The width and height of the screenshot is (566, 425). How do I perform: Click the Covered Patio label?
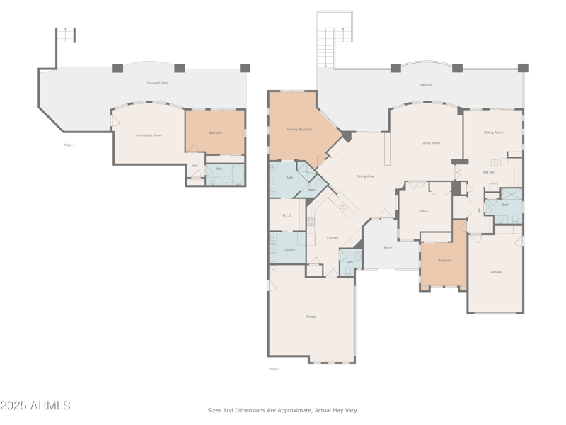157,83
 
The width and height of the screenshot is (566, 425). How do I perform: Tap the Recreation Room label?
149,135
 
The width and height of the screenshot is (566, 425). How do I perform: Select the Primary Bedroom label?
299,130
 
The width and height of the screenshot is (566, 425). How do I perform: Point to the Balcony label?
426,85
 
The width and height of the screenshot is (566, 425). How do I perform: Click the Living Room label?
430,143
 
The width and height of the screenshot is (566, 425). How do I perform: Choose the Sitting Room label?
493,132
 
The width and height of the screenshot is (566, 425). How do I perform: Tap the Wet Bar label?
488,172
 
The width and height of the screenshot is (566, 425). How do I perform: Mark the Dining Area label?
365,176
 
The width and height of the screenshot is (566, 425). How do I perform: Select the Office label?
424,211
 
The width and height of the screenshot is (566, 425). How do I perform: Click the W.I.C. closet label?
287,215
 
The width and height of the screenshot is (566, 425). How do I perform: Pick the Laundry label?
290,249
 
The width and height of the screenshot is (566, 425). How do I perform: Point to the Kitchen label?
332,238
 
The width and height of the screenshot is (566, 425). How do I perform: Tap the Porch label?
388,248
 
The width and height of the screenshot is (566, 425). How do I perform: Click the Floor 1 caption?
69,144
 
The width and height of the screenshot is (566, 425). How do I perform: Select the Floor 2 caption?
274,369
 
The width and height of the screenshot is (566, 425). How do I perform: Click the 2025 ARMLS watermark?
35,406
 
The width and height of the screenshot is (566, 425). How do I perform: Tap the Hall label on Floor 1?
195,166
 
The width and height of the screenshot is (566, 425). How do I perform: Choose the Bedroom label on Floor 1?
215,132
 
